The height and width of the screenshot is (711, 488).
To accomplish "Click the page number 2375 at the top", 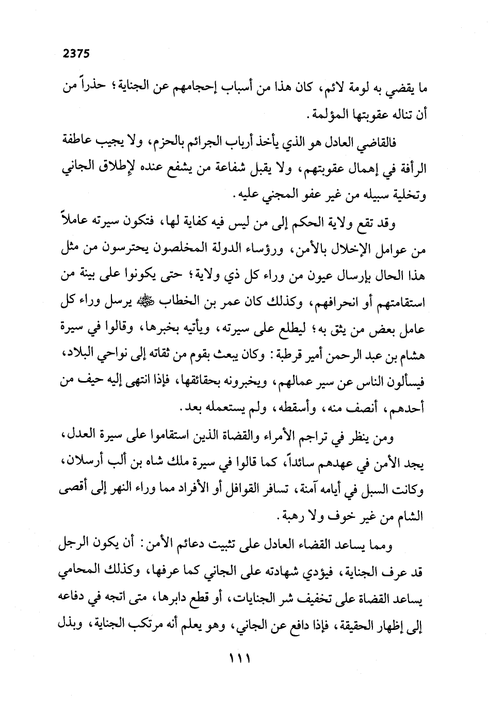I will point(76,53).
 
